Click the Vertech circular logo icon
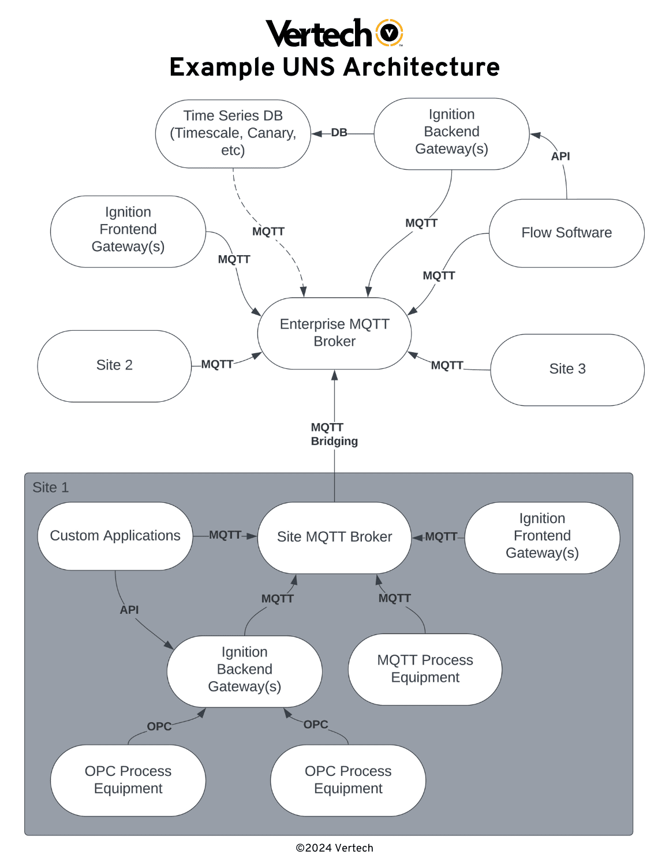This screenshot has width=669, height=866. (x=390, y=33)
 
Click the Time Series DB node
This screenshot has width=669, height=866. (x=233, y=133)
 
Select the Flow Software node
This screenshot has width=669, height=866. (x=566, y=233)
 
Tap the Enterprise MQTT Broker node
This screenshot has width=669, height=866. (x=334, y=333)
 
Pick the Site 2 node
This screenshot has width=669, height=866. (x=114, y=365)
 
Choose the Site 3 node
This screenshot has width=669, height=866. (x=567, y=369)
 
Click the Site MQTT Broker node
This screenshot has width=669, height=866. (x=334, y=537)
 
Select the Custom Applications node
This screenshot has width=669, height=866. (x=115, y=536)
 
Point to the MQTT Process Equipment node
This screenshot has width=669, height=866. (x=425, y=669)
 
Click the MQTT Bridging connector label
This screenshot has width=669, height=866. (x=334, y=434)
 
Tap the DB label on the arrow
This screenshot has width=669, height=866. (x=339, y=133)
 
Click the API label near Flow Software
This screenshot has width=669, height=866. (x=560, y=156)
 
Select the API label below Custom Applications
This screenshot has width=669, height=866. (x=129, y=610)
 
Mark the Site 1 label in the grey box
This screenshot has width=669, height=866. (x=50, y=487)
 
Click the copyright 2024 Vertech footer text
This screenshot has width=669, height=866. (x=334, y=848)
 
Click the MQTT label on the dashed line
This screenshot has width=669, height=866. (x=268, y=232)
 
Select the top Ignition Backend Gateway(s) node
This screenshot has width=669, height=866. (x=451, y=132)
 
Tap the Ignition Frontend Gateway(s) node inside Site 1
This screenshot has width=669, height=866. (x=541, y=536)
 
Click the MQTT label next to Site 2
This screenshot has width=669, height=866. (x=217, y=364)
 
